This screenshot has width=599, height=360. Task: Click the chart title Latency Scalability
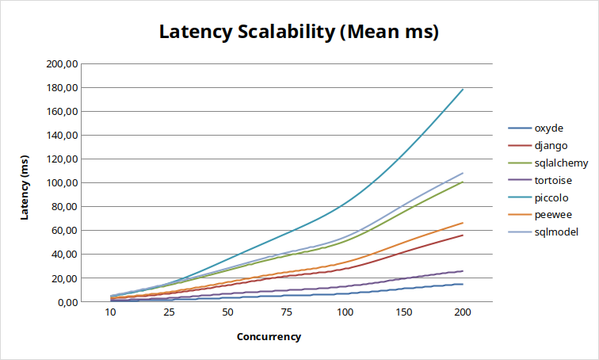299,33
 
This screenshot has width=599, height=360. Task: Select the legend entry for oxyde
549,128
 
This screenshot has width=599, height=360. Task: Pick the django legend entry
551,146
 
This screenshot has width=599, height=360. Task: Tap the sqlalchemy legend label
561,163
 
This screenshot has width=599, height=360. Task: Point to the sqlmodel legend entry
556,232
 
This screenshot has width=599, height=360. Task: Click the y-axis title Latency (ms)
25,182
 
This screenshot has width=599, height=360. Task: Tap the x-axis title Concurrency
269,336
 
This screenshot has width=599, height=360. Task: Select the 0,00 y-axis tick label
64,302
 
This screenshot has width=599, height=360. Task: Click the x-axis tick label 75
286,313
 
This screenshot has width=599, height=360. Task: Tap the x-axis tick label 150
404,313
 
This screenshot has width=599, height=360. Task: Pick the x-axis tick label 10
111,313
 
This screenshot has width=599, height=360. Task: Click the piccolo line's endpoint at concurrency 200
463,90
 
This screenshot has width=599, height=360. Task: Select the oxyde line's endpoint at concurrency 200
463,284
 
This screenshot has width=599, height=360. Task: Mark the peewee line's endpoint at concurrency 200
463,223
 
